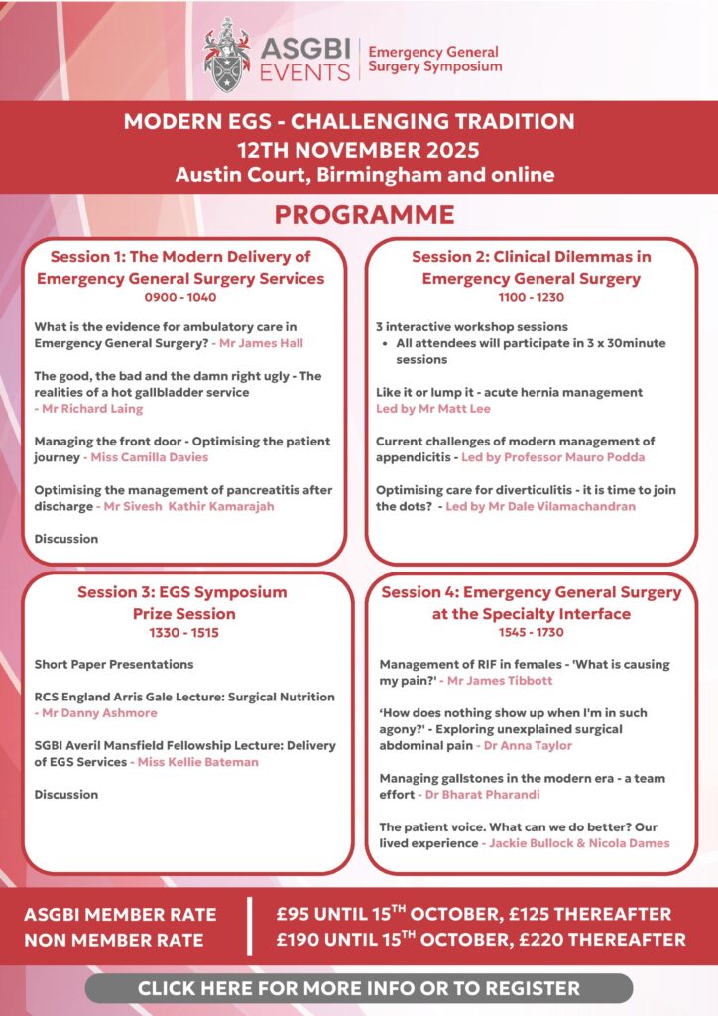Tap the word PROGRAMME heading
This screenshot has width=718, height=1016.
pyautogui.click(x=364, y=215)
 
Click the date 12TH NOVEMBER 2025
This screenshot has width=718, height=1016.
pyautogui.click(x=358, y=150)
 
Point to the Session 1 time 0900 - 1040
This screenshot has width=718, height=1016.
pyautogui.click(x=180, y=296)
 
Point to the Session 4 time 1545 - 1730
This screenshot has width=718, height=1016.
pyautogui.click(x=532, y=631)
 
